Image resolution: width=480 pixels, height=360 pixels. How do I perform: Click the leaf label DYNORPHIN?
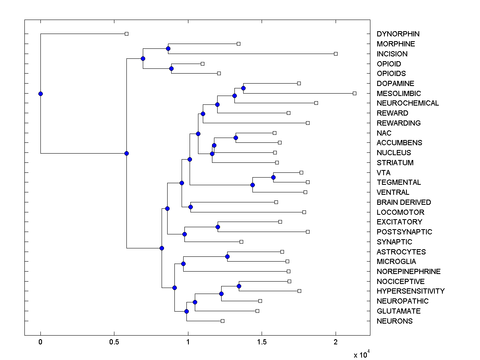398,34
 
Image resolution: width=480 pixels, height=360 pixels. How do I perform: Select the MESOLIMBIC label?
399,93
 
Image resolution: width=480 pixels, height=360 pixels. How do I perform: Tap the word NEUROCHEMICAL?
408,103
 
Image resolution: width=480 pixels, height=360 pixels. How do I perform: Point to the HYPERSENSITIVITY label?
410,291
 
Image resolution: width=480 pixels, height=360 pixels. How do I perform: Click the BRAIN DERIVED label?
404,202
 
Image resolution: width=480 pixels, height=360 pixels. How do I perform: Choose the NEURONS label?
394,321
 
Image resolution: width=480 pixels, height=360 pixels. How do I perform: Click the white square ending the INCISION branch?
336,54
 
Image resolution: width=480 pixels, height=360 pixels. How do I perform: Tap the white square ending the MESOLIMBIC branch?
354,93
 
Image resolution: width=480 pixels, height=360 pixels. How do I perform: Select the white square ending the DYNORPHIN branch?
126,34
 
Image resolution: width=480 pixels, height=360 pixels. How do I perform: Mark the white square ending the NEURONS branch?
222,321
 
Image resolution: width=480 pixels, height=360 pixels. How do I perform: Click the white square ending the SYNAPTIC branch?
241,242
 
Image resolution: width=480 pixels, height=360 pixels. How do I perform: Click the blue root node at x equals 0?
40,94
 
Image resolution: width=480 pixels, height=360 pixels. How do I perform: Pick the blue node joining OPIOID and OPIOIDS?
171,68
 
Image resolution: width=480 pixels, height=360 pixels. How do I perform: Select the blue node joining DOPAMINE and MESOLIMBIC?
243,88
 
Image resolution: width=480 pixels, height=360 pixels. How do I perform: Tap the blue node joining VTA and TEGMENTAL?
273,177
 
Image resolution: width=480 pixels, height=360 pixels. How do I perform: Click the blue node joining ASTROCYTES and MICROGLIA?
227,256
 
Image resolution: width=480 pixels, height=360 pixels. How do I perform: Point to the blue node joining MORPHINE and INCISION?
168,48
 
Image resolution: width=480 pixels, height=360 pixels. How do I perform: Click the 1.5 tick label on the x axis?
262,342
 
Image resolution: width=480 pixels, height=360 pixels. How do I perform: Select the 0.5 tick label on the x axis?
114,342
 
